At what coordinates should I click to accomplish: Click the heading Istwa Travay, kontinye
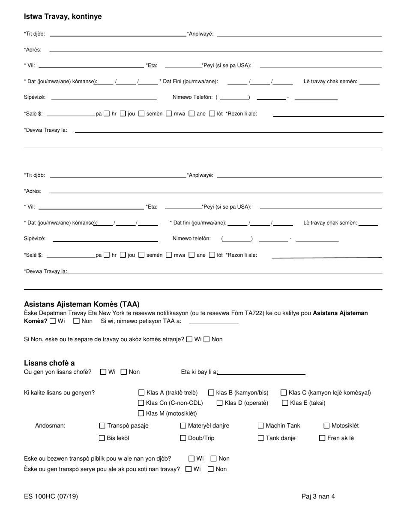click(63, 17)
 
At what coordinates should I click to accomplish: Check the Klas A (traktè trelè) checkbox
click(141, 392)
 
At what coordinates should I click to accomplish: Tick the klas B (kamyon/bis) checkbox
click(211, 392)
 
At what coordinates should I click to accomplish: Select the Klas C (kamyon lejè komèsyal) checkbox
click(284, 392)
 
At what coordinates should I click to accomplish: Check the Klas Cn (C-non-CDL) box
click(141, 403)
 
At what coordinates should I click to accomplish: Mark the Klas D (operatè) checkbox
click(220, 403)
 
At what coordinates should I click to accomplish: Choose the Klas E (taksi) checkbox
click(285, 403)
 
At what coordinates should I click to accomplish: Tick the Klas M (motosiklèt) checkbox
click(141, 413)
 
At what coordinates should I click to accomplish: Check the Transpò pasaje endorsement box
click(102, 425)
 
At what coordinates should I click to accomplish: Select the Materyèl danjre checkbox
click(183, 425)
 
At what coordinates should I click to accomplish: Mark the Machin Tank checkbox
click(260, 425)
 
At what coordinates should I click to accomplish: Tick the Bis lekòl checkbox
click(102, 438)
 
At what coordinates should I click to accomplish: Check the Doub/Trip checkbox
click(183, 438)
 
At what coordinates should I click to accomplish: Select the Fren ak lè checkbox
click(322, 438)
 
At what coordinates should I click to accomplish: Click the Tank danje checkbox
click(260, 438)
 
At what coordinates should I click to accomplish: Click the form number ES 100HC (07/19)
click(51, 497)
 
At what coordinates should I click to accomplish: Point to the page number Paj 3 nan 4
click(318, 497)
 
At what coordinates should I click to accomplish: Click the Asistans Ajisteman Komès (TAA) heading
click(82, 304)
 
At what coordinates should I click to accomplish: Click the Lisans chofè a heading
click(49, 363)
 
